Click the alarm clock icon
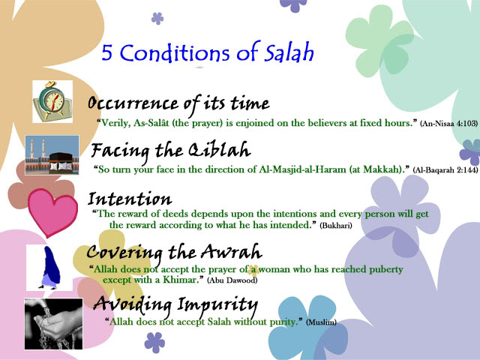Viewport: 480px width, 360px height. pos(52,100)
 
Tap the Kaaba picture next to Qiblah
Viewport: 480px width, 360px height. pos(52,155)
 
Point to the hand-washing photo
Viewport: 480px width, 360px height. pos(52,322)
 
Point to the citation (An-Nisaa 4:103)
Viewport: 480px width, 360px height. pos(448,121)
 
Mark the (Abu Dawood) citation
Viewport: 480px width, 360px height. pos(235,280)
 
